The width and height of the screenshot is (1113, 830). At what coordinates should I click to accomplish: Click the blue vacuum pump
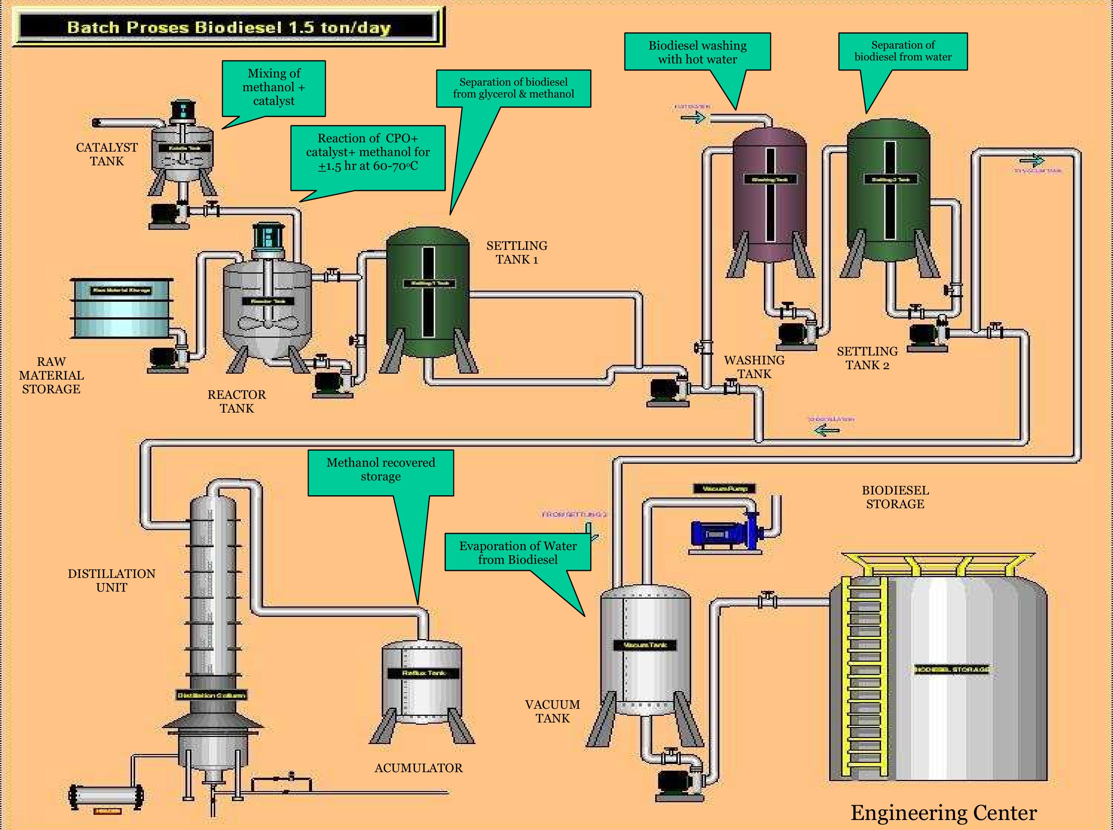pos(724,534)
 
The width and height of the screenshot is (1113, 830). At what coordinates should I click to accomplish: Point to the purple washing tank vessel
pos(769,196)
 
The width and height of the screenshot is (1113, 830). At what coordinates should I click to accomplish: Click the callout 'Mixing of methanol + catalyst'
pos(274,88)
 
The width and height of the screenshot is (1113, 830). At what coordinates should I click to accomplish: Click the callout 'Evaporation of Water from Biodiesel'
pos(518,553)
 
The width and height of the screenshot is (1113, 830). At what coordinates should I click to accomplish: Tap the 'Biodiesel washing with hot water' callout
pos(697,52)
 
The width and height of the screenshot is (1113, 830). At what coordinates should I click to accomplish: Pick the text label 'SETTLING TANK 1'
pos(517,253)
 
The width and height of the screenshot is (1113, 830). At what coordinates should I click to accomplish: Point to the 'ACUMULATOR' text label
pos(418,768)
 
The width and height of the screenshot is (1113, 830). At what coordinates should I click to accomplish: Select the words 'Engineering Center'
pos(943,813)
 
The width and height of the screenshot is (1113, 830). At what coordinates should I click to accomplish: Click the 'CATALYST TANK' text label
pos(106,154)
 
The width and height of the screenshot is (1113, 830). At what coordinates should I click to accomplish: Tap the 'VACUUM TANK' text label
pos(552,711)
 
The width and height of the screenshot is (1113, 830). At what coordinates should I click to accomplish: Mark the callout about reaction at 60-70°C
pos(368,153)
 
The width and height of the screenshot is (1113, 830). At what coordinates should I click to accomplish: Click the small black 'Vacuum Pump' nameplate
pos(724,488)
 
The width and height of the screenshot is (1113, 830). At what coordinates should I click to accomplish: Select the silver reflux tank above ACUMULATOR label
pos(421,683)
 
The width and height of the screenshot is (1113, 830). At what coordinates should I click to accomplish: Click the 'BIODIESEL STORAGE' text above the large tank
pos(895,497)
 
